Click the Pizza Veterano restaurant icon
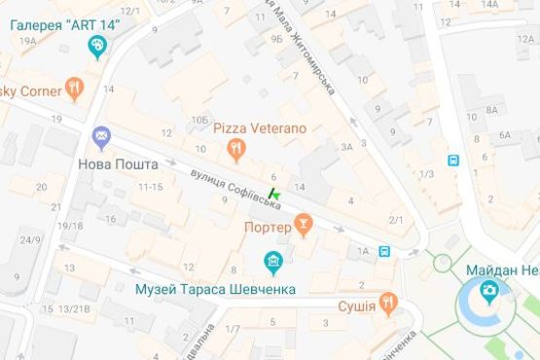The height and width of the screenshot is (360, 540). point(234,148)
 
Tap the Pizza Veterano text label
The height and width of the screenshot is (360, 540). point(246,128)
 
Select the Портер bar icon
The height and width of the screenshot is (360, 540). point(304,226)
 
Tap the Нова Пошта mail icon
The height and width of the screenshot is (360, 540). point(101,137)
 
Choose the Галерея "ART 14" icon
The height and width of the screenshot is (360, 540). point(97,47)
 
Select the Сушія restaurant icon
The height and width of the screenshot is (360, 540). point(388,304)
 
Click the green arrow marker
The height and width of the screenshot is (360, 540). point(272,195)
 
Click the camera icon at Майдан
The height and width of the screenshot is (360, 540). point(489,292)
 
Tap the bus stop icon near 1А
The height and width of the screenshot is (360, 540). point(385,252)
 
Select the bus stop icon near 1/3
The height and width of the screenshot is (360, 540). point(452,160)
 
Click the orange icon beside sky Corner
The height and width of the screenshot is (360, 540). point(75,90)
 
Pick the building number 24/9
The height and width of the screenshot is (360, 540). point(30,240)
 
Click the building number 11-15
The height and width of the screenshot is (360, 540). point(150,186)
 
